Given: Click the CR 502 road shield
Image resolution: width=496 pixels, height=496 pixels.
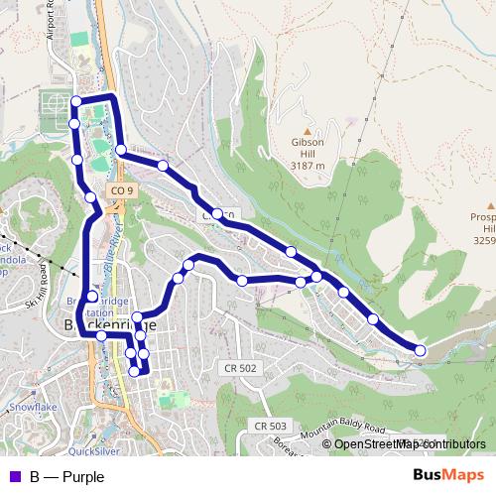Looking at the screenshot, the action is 239,368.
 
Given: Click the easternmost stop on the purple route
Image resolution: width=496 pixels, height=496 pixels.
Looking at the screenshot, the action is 420,350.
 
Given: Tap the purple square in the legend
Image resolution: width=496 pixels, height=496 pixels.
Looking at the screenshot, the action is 12,476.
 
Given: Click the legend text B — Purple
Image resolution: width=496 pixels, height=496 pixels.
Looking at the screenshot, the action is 66,476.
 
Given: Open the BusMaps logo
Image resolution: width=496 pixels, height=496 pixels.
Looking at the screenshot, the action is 448,475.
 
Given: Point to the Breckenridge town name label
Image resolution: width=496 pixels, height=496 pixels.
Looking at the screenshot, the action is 109,324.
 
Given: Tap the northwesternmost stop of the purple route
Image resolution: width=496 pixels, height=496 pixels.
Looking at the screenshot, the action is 76,100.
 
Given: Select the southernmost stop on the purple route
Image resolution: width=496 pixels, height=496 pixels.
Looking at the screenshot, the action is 135,372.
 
